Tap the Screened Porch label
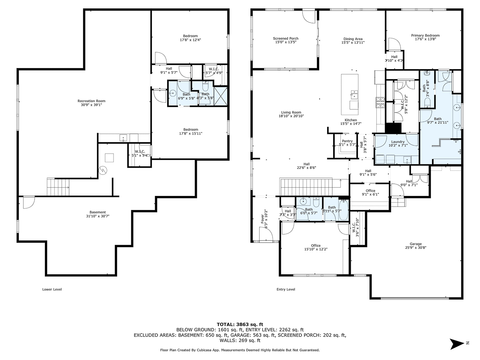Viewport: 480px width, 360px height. click(286, 38)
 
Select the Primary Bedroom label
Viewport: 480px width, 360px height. click(425, 35)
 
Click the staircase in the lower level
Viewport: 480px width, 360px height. click(58, 187)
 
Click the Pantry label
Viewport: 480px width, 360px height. click(347, 141)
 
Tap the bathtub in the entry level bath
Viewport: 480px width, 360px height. click(344, 210)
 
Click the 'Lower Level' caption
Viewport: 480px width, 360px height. click(52, 289)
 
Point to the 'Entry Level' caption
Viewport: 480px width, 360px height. click(286, 289)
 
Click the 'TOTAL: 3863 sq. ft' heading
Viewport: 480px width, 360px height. click(240, 324)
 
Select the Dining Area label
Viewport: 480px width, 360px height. click(352, 38)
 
